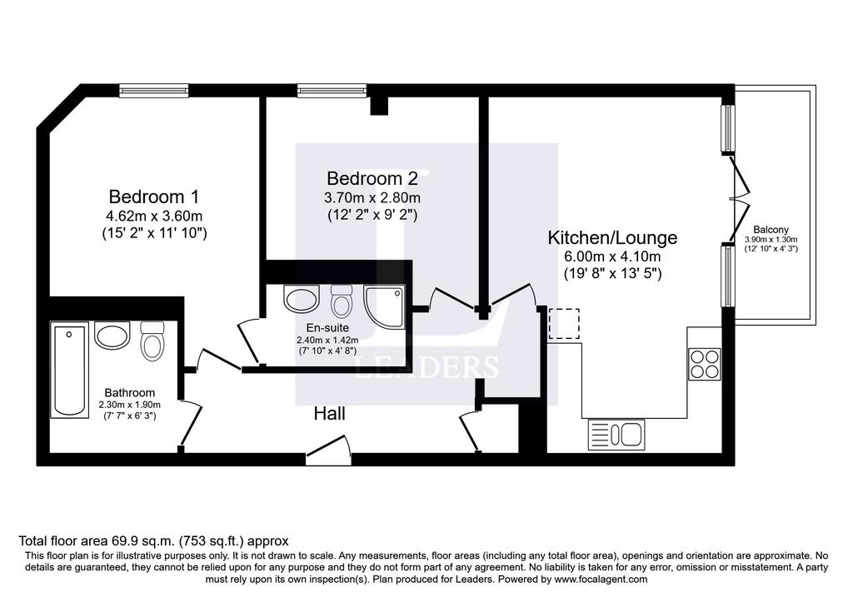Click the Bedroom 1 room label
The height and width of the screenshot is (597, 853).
coord(154,196)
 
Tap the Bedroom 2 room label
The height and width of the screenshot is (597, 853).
coord(372,178)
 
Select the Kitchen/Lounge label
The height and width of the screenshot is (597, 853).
coord(612,237)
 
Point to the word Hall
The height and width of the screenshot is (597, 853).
coord(329,414)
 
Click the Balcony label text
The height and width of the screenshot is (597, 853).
coord(771,230)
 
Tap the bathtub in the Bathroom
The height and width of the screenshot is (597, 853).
coord(70,370)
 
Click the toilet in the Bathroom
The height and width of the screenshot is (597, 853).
coord(152,341)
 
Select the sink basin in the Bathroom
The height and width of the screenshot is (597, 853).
coord(112,335)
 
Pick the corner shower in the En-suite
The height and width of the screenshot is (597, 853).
coord(385,307)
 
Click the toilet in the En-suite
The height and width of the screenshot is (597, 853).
coord(342,301)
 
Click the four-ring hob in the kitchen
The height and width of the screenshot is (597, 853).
coord(705,364)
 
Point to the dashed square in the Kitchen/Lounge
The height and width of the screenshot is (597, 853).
coord(564,324)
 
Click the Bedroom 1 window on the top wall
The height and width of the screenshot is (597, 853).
coord(154,90)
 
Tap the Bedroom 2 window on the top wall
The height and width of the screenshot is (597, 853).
coord(332,90)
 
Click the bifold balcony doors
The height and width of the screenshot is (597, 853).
coord(739,197)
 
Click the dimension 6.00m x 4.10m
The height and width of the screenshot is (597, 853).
coord(612,256)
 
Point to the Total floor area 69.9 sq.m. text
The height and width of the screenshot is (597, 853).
coord(97,541)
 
